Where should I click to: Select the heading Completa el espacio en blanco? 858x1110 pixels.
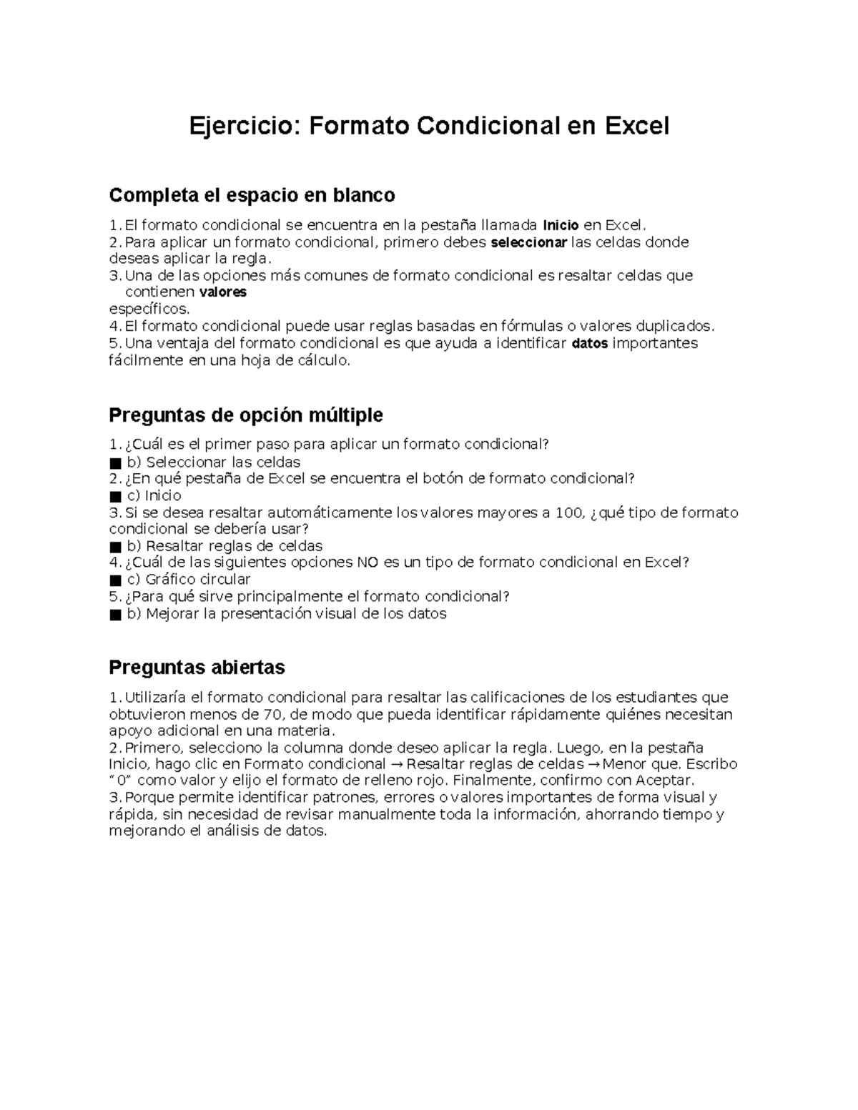click(251, 195)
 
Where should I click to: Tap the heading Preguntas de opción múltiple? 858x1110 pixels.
click(245, 415)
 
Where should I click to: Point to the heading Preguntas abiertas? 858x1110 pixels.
click(197, 668)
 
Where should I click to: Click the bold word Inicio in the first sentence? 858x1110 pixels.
click(561, 225)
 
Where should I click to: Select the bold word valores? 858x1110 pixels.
click(222, 292)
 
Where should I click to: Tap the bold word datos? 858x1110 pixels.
click(590, 344)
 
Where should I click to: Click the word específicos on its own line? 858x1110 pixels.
click(149, 309)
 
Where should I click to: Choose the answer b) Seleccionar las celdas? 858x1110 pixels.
click(213, 462)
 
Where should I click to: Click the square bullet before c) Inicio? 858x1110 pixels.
click(115, 496)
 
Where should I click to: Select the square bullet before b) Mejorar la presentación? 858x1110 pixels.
click(115, 614)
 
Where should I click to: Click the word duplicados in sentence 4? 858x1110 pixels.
click(675, 327)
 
